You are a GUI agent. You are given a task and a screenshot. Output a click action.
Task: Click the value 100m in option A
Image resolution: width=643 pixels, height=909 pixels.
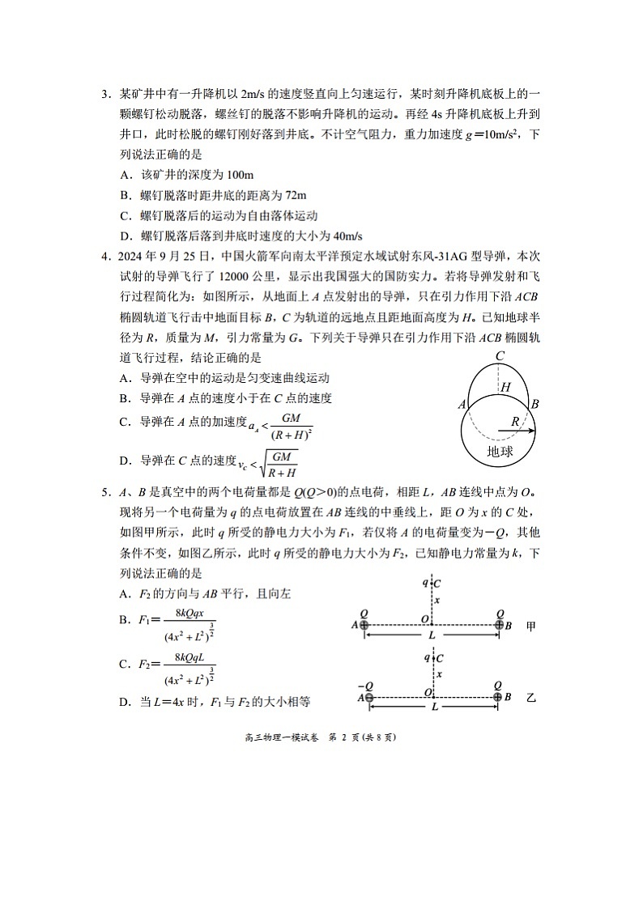pos(211,175)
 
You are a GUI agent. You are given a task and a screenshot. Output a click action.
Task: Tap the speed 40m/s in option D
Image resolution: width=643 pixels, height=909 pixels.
pos(347,236)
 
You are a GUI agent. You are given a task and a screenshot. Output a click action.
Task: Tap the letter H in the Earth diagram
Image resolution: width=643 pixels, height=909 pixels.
pos(505,388)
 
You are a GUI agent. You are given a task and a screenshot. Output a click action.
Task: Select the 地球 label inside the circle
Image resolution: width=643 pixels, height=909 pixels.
pos(500,452)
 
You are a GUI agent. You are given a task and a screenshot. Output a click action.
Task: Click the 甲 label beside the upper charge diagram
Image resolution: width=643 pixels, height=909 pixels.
pos(531,626)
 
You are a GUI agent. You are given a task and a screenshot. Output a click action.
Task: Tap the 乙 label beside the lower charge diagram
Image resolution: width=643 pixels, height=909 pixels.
pos(531,697)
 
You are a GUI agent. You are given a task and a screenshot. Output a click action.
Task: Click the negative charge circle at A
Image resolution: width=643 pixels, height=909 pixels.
pos(368,697)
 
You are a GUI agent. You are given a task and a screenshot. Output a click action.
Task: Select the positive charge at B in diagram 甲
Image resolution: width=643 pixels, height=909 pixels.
pos(500,625)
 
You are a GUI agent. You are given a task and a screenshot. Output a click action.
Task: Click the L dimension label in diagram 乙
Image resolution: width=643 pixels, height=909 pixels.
pos(434,707)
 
